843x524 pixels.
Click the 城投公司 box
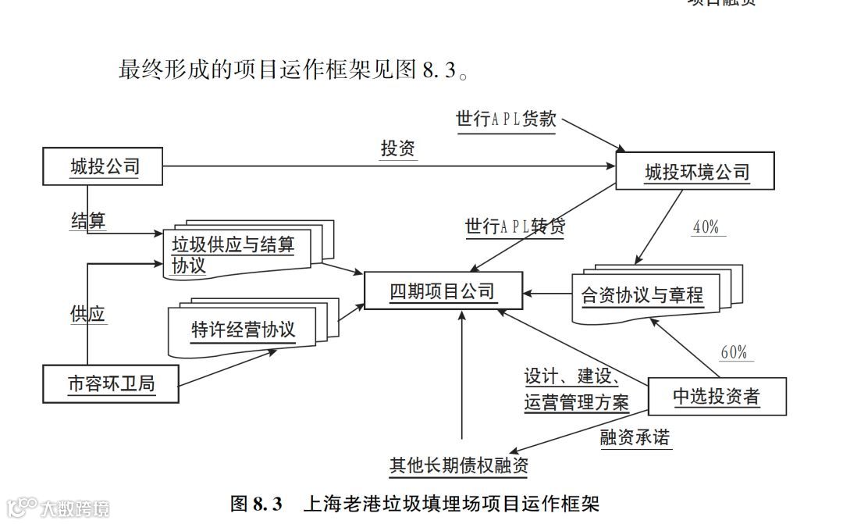pyautogui.click(x=104, y=166)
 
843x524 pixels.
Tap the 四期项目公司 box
pyautogui.click(x=443, y=292)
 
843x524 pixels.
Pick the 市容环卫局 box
pyautogui.click(x=110, y=384)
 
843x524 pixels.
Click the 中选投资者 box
pyautogui.click(x=716, y=397)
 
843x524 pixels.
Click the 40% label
pyautogui.click(x=706, y=227)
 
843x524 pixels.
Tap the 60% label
pyautogui.click(x=733, y=352)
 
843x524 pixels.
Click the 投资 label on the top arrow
pyautogui.click(x=397, y=148)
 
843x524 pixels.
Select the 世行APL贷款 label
pyautogui.click(x=506, y=119)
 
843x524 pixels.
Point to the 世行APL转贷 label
pyautogui.click(x=514, y=226)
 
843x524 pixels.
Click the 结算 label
pyautogui.click(x=87, y=220)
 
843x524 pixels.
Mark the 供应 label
pyautogui.click(x=87, y=314)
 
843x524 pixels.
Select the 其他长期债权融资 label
pyautogui.click(x=459, y=466)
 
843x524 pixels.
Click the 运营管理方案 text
pyautogui.click(x=576, y=403)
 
